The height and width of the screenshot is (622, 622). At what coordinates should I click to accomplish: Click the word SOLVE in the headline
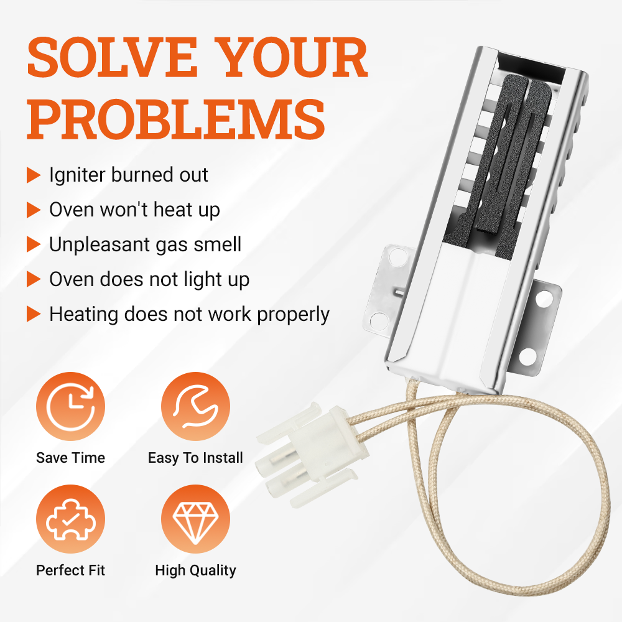coord(112,57)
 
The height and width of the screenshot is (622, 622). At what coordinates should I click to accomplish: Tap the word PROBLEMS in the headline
coord(176,119)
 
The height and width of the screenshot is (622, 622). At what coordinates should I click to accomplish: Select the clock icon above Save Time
coord(71,406)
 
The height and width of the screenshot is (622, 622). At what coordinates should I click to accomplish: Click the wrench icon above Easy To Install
coord(195,406)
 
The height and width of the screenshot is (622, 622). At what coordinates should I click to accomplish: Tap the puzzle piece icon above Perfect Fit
coord(71,519)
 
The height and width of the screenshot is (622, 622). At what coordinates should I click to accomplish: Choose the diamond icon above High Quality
coord(195,519)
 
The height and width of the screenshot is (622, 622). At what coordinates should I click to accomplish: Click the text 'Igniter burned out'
coord(129,175)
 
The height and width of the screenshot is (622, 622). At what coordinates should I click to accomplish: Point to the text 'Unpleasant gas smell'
coord(145,244)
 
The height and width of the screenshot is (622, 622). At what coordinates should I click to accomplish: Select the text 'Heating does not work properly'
coord(189,315)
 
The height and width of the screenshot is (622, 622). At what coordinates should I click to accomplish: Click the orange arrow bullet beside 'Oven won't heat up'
coord(34,210)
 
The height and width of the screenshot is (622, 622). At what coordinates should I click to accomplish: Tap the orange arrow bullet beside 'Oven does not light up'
coord(34,279)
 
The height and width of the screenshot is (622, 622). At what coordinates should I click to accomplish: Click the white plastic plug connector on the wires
coord(312,453)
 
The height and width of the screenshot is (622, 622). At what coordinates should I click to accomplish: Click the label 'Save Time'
coord(71,458)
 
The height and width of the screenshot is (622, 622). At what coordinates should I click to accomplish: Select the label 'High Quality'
coord(195,570)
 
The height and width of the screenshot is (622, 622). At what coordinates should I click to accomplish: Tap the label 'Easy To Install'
coord(195,458)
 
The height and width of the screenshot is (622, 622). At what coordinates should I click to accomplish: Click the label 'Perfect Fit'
coord(71,570)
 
